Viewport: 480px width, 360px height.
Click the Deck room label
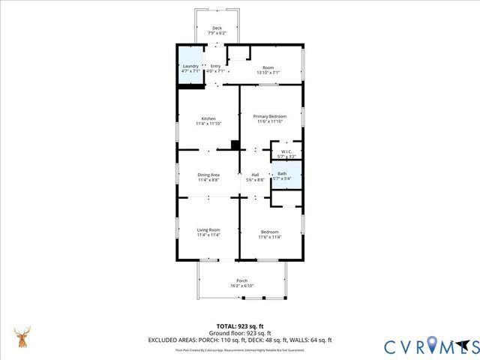point(217,28)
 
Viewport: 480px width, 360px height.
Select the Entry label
point(216,66)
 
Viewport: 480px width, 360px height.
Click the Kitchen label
point(208,119)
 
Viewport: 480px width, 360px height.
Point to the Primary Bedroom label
point(270,116)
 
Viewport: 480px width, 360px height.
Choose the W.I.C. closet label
point(286,151)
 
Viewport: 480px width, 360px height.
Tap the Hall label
point(255,175)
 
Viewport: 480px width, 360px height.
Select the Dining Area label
point(208,175)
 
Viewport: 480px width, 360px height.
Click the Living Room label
point(208,231)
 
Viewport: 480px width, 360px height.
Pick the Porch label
point(241,280)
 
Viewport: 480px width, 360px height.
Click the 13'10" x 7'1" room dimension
point(268,72)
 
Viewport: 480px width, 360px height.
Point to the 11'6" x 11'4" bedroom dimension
point(270,237)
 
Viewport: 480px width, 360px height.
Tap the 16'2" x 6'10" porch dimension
point(241,286)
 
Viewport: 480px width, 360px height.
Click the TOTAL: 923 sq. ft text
point(240,326)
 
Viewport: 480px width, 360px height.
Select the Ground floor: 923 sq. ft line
point(240,333)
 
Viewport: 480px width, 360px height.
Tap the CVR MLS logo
point(431,346)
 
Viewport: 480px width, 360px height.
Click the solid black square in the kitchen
point(235,145)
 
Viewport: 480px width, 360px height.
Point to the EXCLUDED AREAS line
point(240,340)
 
